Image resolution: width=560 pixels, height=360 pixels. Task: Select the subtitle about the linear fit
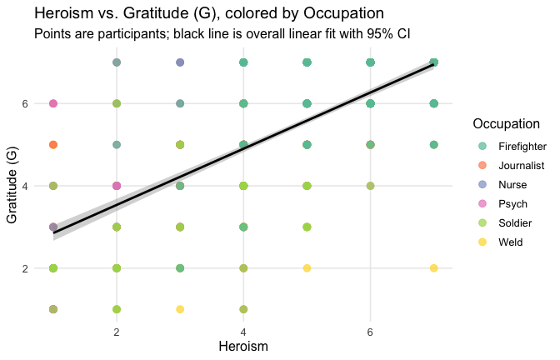222,35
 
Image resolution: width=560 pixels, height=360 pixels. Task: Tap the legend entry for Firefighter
522,147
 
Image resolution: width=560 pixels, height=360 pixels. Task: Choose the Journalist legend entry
521,166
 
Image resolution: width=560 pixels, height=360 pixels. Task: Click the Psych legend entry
512,203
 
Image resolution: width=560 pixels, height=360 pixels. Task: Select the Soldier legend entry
516,222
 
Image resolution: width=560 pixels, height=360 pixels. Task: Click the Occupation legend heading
509,124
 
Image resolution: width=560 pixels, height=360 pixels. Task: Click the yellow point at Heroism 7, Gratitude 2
433,268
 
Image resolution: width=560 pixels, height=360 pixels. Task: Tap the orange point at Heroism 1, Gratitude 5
53,145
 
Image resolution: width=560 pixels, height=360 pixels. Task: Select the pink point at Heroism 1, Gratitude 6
53,104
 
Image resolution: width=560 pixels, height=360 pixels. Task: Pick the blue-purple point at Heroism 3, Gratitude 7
180,62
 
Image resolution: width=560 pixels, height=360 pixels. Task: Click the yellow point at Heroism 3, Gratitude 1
180,309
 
